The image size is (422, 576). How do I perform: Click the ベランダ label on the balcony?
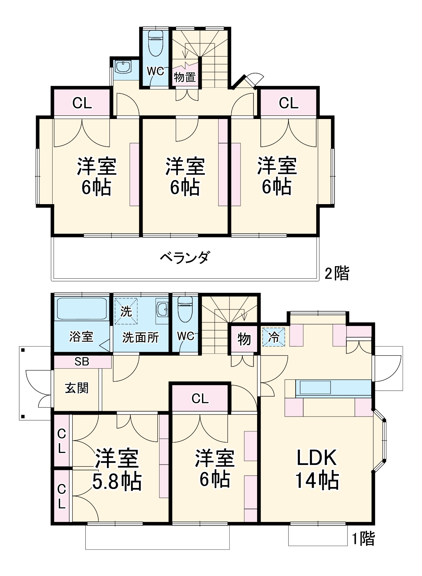pyautogui.click(x=184, y=258)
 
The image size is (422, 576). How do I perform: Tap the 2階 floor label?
pyautogui.click(x=337, y=273)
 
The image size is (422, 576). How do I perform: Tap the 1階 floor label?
pyautogui.click(x=363, y=538)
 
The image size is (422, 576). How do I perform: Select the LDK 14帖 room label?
pyautogui.click(x=317, y=469)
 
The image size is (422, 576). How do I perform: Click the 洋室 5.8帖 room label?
pyautogui.click(x=117, y=470)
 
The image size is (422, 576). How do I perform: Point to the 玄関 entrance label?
pyautogui.click(x=77, y=388)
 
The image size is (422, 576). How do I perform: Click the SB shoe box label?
pyautogui.click(x=82, y=361)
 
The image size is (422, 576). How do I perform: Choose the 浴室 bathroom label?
pyautogui.click(x=81, y=337)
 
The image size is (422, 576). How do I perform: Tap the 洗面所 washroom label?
pyautogui.click(x=140, y=337)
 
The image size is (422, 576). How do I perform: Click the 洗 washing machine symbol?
pyautogui.click(x=126, y=311)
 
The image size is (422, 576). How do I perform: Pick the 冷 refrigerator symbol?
pyautogui.click(x=274, y=337)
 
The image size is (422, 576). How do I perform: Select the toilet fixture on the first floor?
pyautogui.click(x=185, y=309)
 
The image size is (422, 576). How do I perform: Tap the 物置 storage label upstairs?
pyautogui.click(x=185, y=77)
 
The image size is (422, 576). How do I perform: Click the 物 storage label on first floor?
pyautogui.click(x=244, y=339)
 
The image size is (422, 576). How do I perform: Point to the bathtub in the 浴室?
pyautogui.click(x=82, y=309)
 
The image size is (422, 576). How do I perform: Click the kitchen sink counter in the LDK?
pyautogui.click(x=315, y=387)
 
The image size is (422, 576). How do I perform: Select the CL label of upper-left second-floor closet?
pyautogui.click(x=82, y=103)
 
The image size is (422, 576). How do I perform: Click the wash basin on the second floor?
pyautogui.click(x=123, y=67)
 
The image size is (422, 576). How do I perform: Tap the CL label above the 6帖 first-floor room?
pyautogui.click(x=200, y=399)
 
